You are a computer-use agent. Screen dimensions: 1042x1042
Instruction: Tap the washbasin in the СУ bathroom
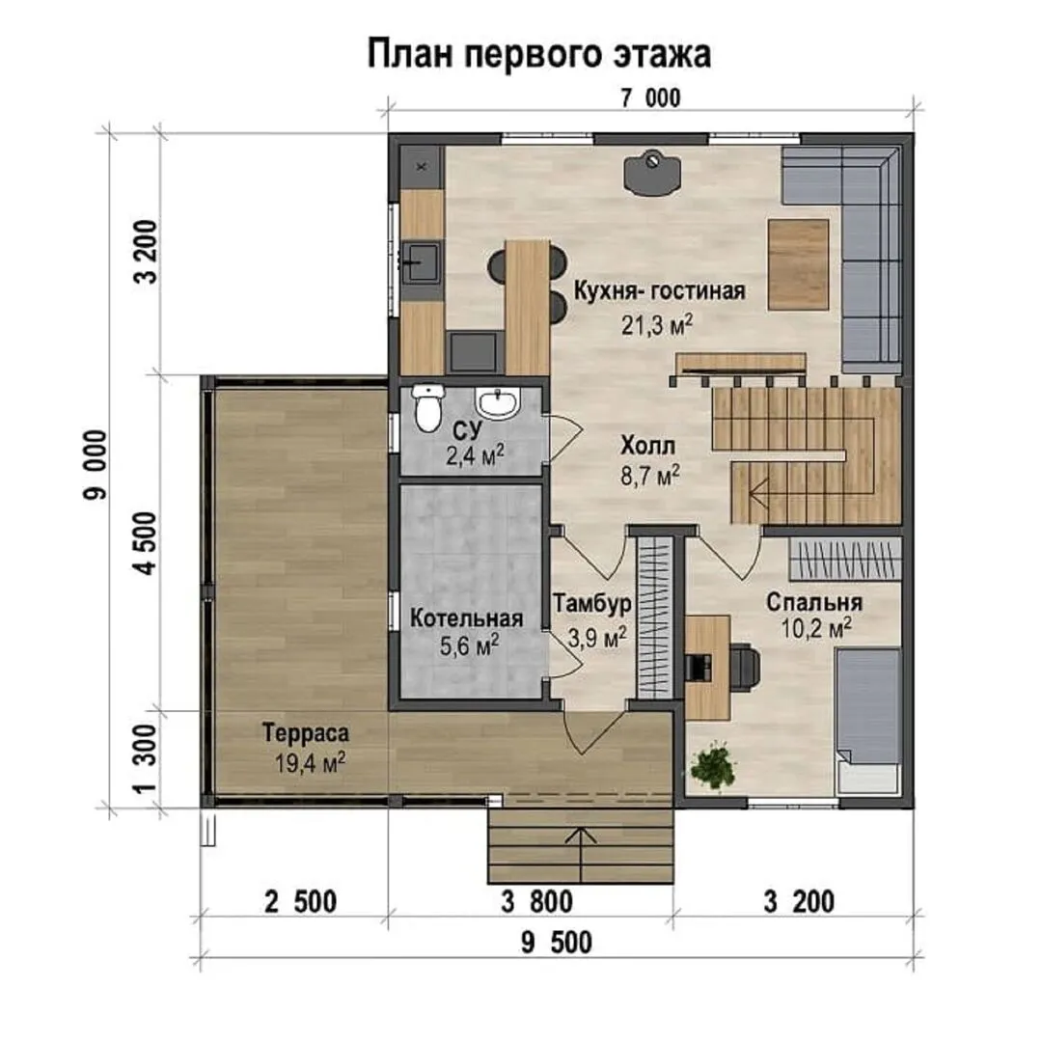[x=497, y=402]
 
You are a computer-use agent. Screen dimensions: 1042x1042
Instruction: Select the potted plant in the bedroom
[x=713, y=768]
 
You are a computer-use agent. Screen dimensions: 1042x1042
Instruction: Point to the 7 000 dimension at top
[x=650, y=98]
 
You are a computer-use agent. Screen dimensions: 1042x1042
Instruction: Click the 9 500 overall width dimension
[x=557, y=943]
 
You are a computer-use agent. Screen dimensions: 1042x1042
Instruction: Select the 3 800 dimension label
[x=537, y=902]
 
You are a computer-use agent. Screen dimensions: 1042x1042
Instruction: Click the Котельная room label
[x=467, y=618]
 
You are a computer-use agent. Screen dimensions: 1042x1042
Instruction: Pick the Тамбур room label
[x=592, y=603]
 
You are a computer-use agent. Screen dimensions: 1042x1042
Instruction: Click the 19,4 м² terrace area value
[x=311, y=763]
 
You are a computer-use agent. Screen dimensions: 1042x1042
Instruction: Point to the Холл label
[x=648, y=446]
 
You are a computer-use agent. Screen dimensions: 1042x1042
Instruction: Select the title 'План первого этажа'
[x=539, y=54]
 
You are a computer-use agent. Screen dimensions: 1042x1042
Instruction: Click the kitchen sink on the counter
[x=421, y=261]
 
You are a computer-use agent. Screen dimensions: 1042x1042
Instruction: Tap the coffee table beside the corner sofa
[x=798, y=263]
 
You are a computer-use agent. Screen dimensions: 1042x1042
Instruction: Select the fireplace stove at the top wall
[x=652, y=174]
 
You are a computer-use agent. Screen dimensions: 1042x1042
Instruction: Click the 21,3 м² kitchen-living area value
[x=657, y=324]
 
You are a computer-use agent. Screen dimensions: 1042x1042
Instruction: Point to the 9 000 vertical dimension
[x=95, y=464]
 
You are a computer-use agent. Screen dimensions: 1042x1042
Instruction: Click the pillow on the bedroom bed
[x=867, y=776]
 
